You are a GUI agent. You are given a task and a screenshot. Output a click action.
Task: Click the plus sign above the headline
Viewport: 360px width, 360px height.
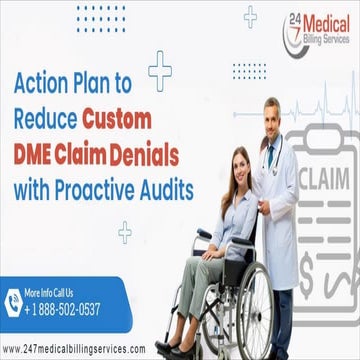pos(159,66)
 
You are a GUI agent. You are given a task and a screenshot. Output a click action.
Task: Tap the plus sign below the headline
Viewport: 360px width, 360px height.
pos(124,231)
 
